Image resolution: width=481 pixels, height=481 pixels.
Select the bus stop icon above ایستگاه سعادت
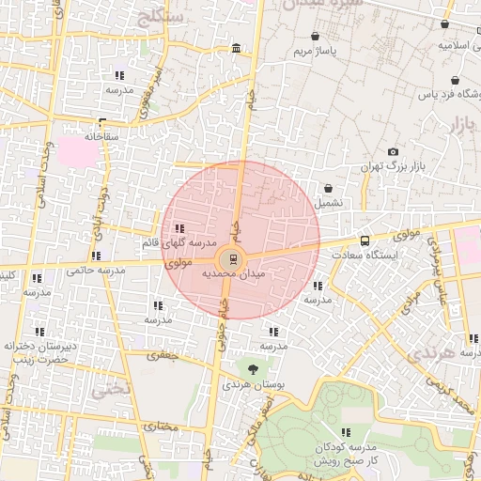365,240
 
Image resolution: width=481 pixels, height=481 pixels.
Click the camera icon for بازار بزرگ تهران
393,152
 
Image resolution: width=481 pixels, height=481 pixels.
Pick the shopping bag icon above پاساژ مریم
315,38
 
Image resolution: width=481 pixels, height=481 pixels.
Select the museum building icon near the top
234,48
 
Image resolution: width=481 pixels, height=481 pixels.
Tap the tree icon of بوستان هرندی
252,367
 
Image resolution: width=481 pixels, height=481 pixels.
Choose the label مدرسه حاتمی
96,271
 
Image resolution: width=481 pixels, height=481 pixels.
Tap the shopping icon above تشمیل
329,188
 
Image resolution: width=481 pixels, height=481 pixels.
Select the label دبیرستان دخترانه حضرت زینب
39,352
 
